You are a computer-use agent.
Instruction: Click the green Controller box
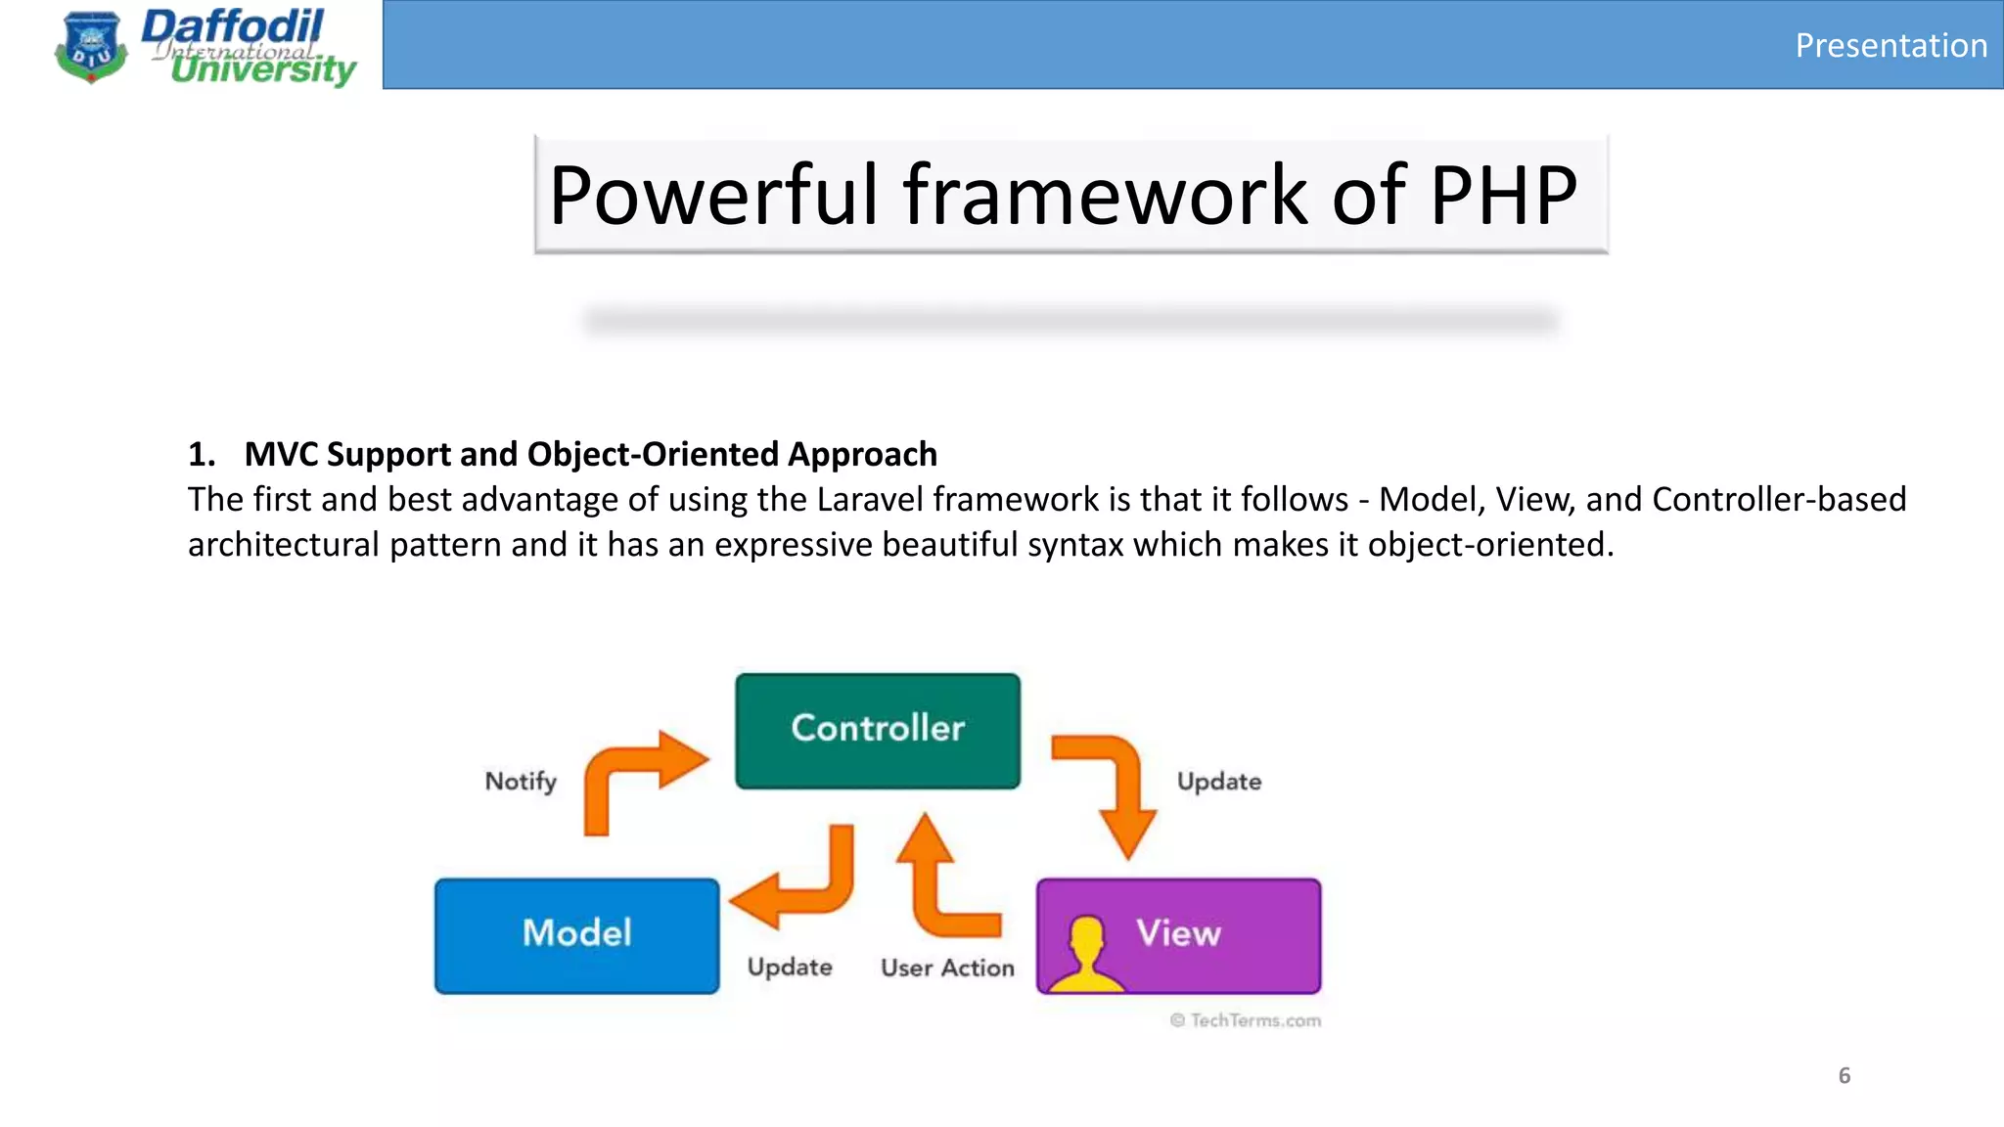[x=877, y=730]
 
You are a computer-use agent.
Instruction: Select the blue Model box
[x=576, y=934]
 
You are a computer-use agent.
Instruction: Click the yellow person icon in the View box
[x=1085, y=954]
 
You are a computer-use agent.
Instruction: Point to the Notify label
[x=521, y=781]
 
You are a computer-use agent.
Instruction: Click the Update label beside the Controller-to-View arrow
[x=1218, y=781]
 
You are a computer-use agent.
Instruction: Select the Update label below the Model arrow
[x=790, y=967]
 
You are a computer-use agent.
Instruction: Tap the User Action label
[x=947, y=968]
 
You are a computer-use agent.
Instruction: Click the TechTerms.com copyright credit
[x=1246, y=1020]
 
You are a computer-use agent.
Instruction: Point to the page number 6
[x=1844, y=1075]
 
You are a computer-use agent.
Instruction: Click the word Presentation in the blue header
[x=1890, y=45]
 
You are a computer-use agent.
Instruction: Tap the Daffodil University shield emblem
[x=91, y=47]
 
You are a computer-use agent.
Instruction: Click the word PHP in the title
[x=1503, y=195]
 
